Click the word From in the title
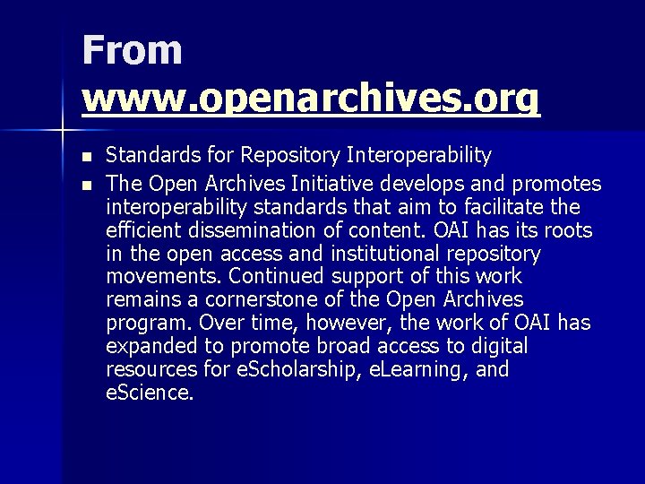(132, 50)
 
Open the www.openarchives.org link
(311, 99)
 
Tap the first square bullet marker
(86, 157)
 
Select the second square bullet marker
(86, 186)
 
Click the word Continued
(274, 277)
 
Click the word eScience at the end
(149, 393)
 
